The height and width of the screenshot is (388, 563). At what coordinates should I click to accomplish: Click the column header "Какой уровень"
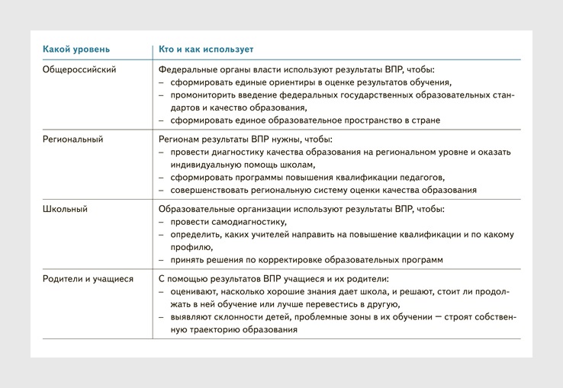(74, 50)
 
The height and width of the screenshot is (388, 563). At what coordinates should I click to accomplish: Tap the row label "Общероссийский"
(79, 70)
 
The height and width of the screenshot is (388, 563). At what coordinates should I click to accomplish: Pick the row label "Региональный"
(72, 139)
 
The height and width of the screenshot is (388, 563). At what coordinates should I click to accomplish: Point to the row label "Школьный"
(65, 209)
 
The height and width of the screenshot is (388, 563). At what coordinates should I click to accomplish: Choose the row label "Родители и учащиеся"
(88, 279)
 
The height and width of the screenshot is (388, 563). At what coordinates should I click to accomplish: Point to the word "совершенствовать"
(213, 190)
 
